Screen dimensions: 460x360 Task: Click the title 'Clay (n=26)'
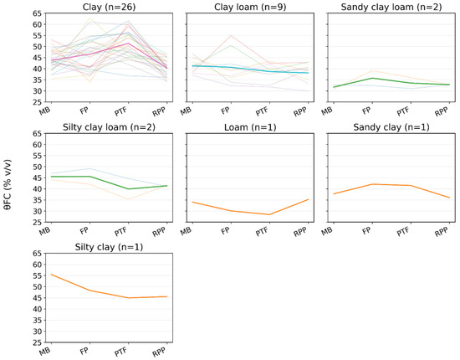tap(109, 7)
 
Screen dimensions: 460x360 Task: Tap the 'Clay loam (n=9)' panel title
tap(250, 7)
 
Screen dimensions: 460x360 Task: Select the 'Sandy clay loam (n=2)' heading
tap(391, 7)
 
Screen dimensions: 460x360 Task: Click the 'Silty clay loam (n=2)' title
tap(109, 127)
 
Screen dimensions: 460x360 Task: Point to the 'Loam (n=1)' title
tap(250, 127)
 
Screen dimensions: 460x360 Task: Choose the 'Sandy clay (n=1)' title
tap(391, 127)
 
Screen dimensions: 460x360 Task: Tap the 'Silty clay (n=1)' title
tap(109, 247)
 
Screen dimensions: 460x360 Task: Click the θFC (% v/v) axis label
tap(8, 185)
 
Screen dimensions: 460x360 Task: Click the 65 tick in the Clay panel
tap(38, 13)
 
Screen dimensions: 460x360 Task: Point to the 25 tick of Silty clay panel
tap(38, 342)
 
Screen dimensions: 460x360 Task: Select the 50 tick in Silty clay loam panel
tap(38, 167)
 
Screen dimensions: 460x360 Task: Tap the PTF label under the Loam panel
tap(262, 232)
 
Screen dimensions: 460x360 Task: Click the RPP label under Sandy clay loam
tap(442, 112)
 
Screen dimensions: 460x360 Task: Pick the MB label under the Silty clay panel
tap(45, 351)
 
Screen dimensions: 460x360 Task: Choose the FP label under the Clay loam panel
tap(225, 111)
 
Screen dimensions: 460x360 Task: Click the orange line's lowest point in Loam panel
tap(269, 214)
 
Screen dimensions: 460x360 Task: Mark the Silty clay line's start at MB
tap(52, 275)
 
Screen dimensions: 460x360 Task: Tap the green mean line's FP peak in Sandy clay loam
tap(372, 78)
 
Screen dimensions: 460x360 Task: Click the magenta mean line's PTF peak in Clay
tap(129, 44)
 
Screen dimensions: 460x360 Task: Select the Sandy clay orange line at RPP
tap(449, 198)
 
